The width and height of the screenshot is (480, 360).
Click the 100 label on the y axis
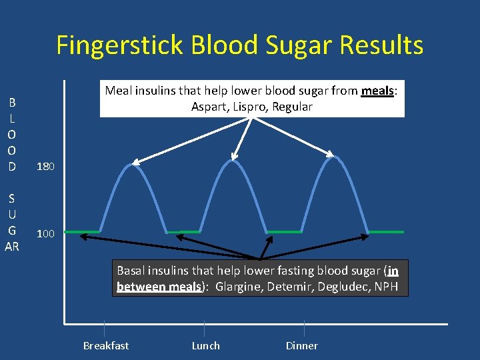pos(46,234)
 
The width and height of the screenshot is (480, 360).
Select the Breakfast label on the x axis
pos(105,345)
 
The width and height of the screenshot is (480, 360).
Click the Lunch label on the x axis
pos(205,345)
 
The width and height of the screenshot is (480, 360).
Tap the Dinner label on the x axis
pos(301,345)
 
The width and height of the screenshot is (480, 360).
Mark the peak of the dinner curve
pos(334,158)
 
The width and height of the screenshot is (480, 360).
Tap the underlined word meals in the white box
pos(377,91)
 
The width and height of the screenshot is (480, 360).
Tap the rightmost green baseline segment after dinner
pos(386,231)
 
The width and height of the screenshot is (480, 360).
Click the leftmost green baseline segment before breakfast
pos(81,231)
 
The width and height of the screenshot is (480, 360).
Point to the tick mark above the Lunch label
pos(204,329)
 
